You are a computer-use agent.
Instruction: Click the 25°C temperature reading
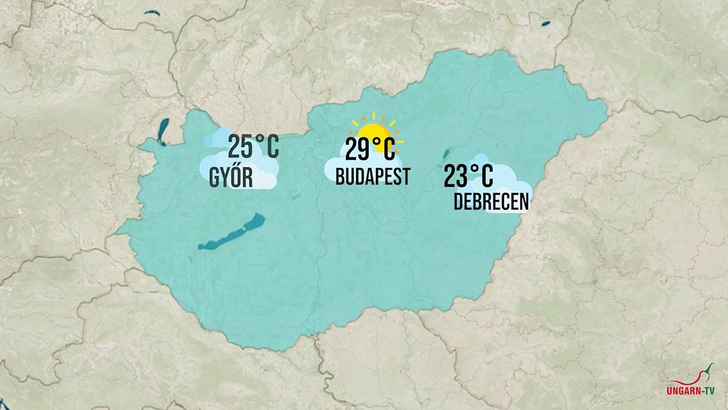coord(253,147)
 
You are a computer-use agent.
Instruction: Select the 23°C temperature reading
coord(468,176)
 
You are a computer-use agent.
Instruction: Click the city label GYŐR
coord(231,177)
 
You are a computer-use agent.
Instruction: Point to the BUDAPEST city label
coord(373,177)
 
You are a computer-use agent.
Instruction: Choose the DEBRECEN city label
coord(491,202)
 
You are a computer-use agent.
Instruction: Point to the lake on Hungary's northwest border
coord(164,131)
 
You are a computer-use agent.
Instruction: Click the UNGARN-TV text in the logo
coord(690,391)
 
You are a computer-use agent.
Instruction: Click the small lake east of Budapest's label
coord(446,153)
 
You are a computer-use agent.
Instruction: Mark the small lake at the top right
coord(545,24)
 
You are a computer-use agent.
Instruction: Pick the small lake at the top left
coord(152,13)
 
